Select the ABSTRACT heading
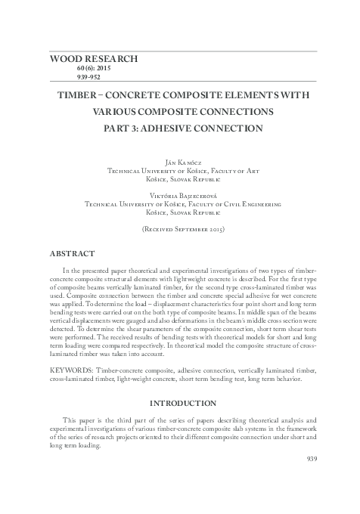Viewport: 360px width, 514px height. (x=72, y=252)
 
